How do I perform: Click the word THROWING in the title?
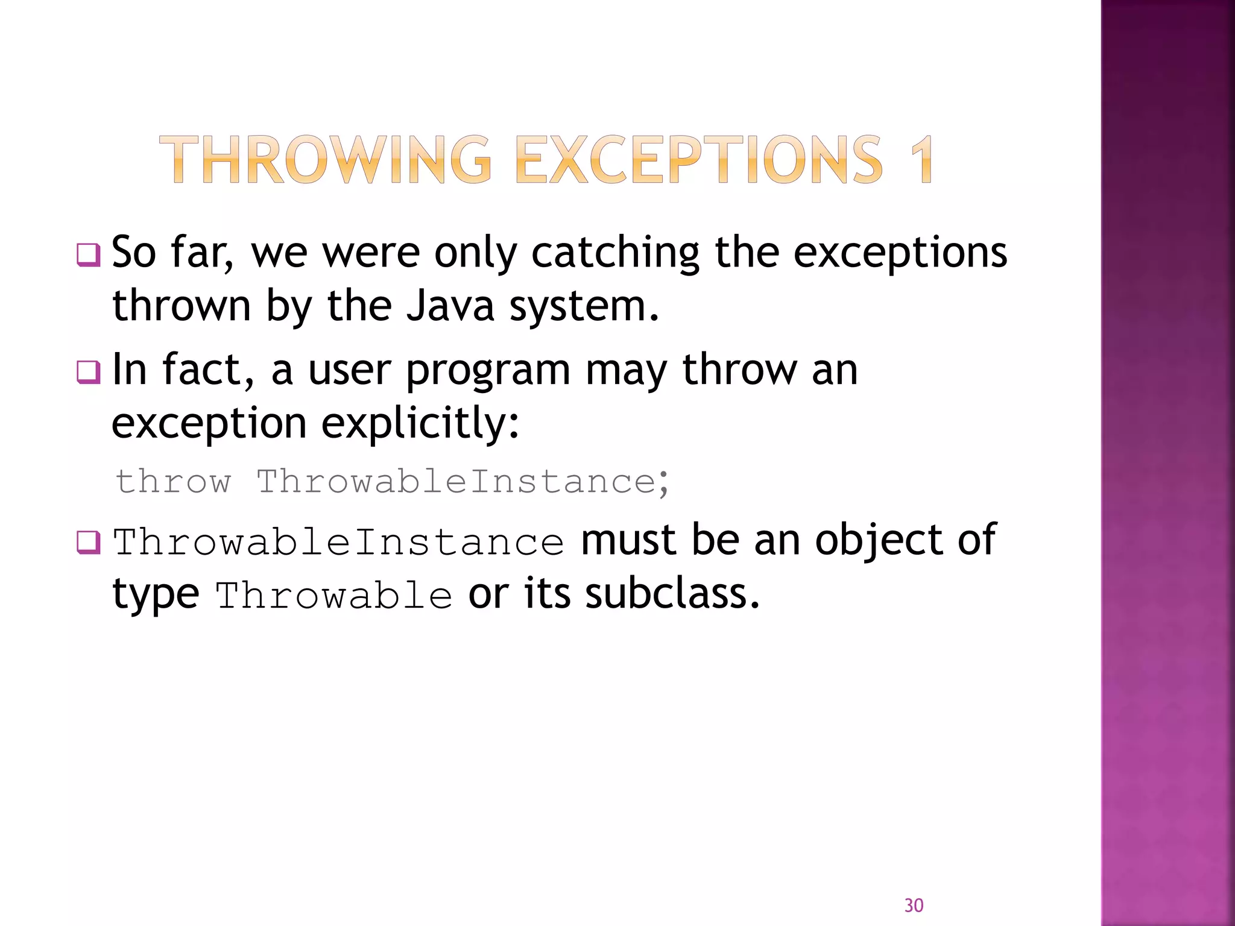pos(326,160)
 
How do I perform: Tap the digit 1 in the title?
pos(921,160)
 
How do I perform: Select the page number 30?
pos(914,905)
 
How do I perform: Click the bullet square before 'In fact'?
pos(88,371)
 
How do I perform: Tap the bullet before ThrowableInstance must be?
pos(88,542)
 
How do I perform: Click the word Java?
pos(450,306)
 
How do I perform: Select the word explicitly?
pos(420,424)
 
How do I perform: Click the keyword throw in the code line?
pos(174,482)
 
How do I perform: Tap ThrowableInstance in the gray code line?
pos(456,482)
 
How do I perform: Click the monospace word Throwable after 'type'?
pos(334,596)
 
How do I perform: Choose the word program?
pos(488,371)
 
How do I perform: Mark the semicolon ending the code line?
pos(664,483)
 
